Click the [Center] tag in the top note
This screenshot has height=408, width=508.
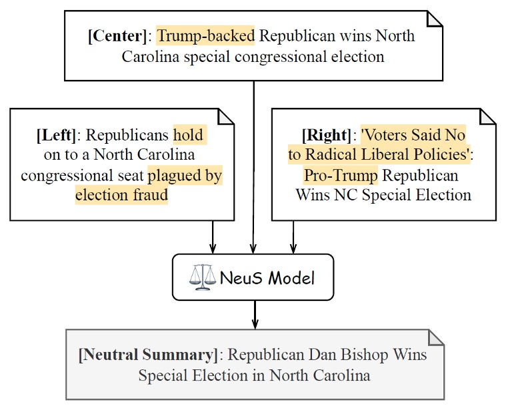[117, 35]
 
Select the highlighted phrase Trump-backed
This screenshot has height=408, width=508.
[206, 35]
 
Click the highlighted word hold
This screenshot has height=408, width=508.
[189, 136]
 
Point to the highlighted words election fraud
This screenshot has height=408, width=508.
[121, 195]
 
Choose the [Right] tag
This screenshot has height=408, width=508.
[326, 136]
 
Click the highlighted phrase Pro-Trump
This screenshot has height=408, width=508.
[340, 175]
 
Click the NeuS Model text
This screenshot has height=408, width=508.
[267, 277]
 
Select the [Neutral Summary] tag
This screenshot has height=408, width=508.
[147, 354]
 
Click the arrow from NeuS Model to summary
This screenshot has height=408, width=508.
[254, 314]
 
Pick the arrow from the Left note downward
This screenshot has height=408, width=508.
[212, 237]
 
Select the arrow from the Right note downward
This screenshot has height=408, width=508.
[293, 237]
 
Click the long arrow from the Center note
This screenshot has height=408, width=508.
[254, 166]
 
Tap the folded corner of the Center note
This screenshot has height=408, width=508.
[434, 19]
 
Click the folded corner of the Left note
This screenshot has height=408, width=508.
[226, 117]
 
